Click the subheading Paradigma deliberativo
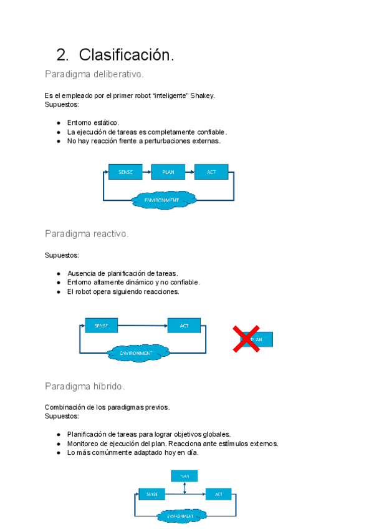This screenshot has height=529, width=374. [x=94, y=74]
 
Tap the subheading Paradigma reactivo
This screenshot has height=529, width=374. [x=87, y=233]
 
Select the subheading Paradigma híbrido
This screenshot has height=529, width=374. [x=85, y=386]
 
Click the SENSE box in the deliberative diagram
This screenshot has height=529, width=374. [x=125, y=172]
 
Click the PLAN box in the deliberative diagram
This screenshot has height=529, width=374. [x=168, y=172]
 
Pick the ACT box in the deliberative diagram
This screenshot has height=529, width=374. [x=211, y=172]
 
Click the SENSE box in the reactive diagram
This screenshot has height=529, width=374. [x=101, y=325]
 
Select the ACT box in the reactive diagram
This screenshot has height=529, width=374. [x=184, y=325]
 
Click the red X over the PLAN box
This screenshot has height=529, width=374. [x=247, y=339]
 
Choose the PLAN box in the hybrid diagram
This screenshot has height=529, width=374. [x=185, y=475]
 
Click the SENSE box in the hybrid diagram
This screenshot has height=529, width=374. [x=152, y=494]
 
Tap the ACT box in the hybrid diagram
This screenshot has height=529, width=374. [x=218, y=494]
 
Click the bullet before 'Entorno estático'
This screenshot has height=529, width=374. [x=58, y=123]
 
